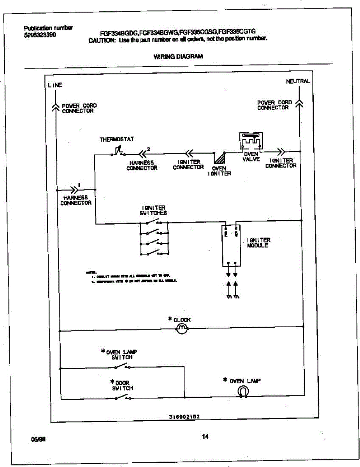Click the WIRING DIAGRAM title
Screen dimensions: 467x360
(178, 56)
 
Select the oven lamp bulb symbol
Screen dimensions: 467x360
(243, 392)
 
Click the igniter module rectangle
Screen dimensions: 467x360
(231, 246)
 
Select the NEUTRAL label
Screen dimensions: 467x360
(298, 81)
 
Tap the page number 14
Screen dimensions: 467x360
(205, 437)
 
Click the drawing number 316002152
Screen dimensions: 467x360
(184, 416)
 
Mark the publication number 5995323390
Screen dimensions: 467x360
(40, 34)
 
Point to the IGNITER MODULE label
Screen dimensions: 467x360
(258, 243)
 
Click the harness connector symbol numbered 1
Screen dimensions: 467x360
(74, 190)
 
